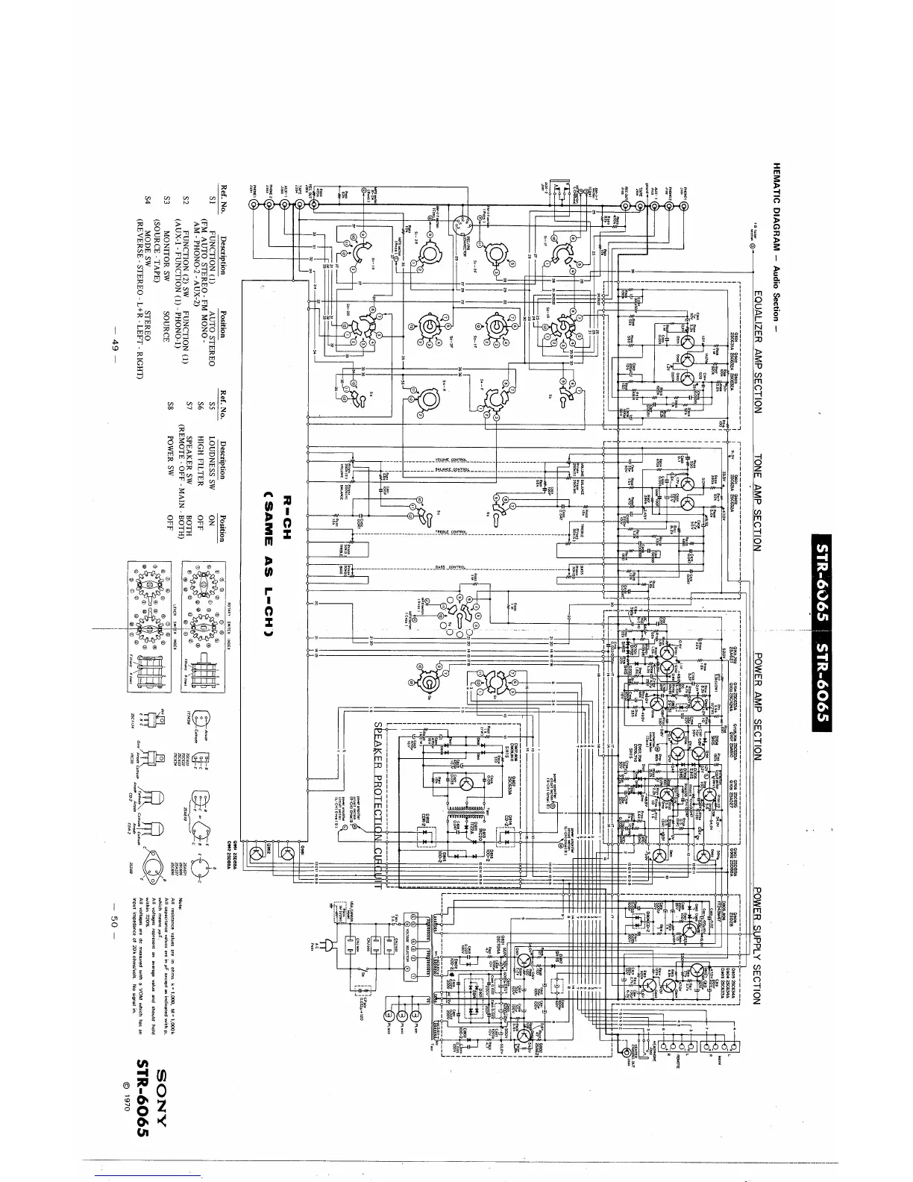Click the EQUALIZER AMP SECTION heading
(x=757, y=351)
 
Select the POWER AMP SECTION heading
(x=757, y=706)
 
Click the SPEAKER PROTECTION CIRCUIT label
(x=378, y=805)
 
